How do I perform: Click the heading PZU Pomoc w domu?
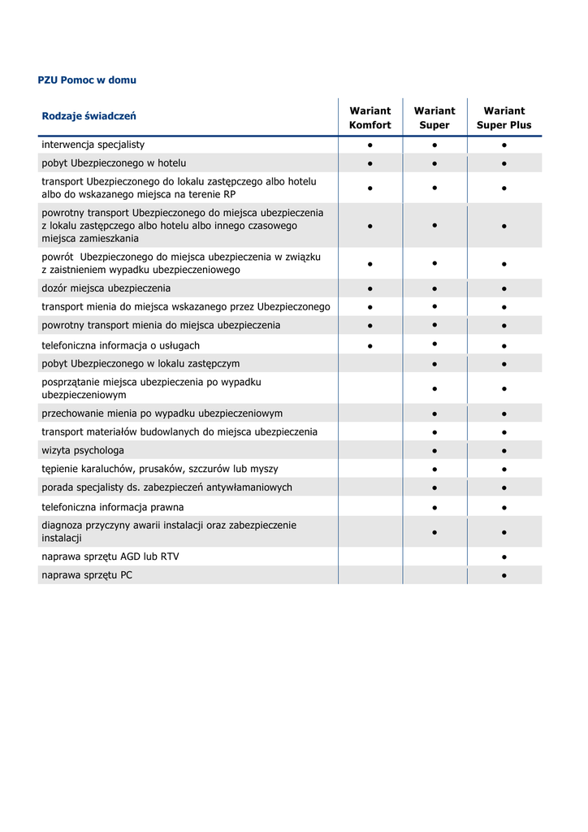87,80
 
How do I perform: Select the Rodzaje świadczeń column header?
89,116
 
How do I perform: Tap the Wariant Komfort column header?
370,118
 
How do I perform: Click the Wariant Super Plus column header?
504,118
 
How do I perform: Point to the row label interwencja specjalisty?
93,145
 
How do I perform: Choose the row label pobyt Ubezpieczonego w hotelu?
114,163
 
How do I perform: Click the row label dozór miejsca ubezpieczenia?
106,288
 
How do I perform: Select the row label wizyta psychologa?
83,450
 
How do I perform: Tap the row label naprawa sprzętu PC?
87,575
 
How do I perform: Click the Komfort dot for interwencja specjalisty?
370,145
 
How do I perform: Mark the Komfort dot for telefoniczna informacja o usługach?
370,346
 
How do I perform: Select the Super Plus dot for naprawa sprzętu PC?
504,576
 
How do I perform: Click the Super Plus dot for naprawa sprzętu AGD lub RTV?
504,557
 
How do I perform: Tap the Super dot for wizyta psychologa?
435,451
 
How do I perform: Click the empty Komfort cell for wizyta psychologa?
370,450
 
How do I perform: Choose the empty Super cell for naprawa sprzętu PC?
435,575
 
